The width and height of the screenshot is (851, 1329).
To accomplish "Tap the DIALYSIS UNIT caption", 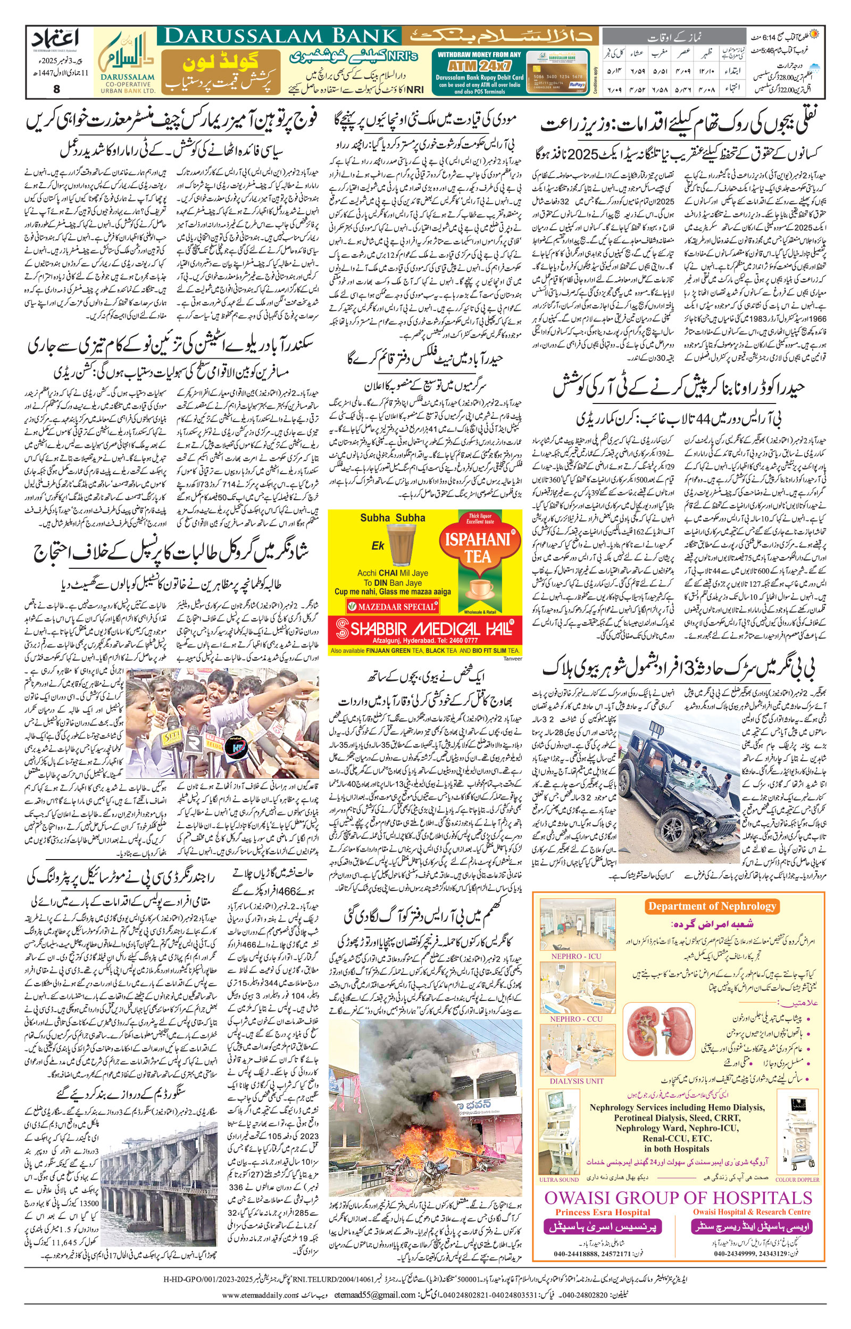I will click(x=577, y=1081).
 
